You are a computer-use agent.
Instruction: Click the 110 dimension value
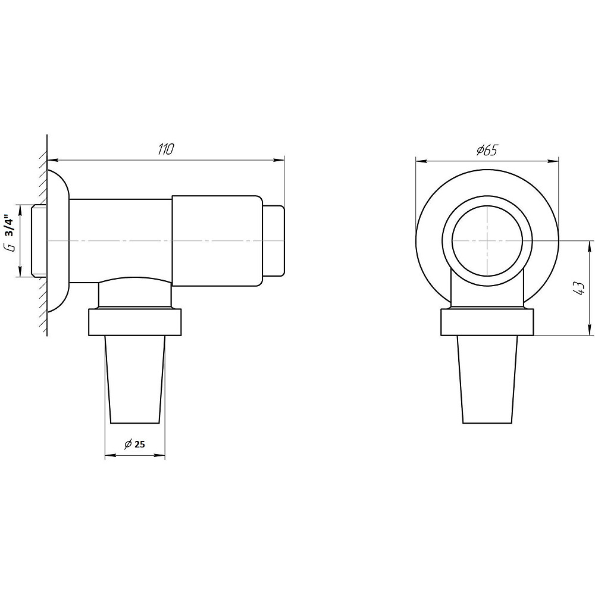(165, 149)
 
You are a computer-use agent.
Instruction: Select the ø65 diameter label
(487, 151)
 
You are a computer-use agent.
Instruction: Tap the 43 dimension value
(580, 289)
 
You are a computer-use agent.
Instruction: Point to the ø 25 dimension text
(134, 444)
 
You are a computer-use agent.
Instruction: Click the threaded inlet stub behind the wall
(38, 241)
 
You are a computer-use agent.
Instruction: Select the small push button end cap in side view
(273, 241)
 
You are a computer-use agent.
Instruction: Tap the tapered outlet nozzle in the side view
(134, 380)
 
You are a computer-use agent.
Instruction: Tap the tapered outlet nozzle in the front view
(487, 380)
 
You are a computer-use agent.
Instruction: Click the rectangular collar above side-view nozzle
(134, 322)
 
